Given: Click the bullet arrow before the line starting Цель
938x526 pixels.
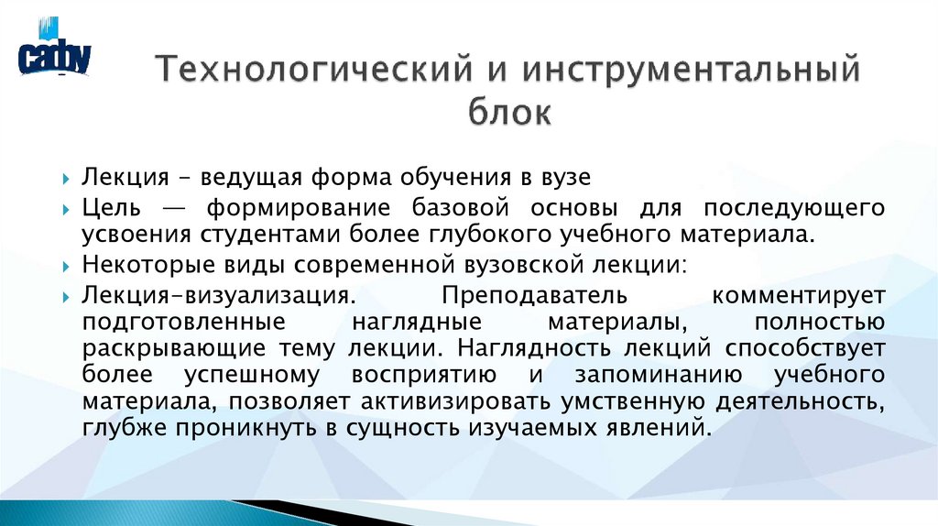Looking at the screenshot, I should click(69, 210).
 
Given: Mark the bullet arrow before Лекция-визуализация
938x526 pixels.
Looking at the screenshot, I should click(69, 297).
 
